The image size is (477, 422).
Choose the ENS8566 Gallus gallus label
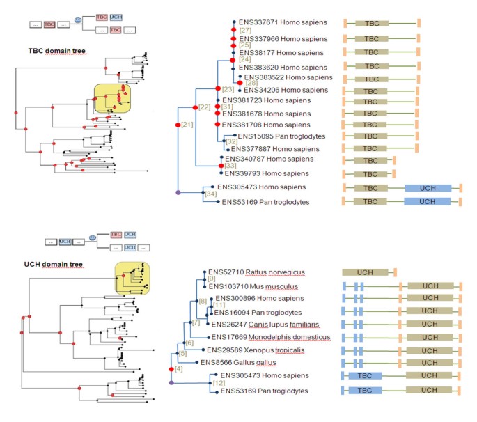237,362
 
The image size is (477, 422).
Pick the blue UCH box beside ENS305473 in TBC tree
428,189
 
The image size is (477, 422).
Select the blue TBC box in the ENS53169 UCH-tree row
365,391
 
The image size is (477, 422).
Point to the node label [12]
218,384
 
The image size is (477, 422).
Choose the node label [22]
204,107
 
